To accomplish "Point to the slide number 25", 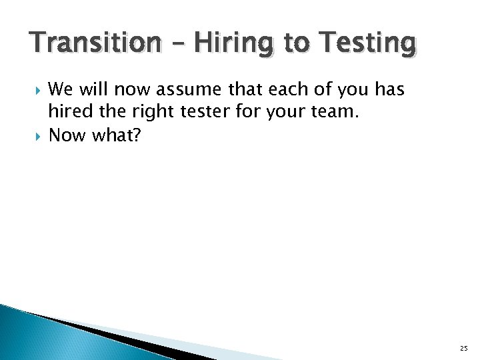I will (x=463, y=348).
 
